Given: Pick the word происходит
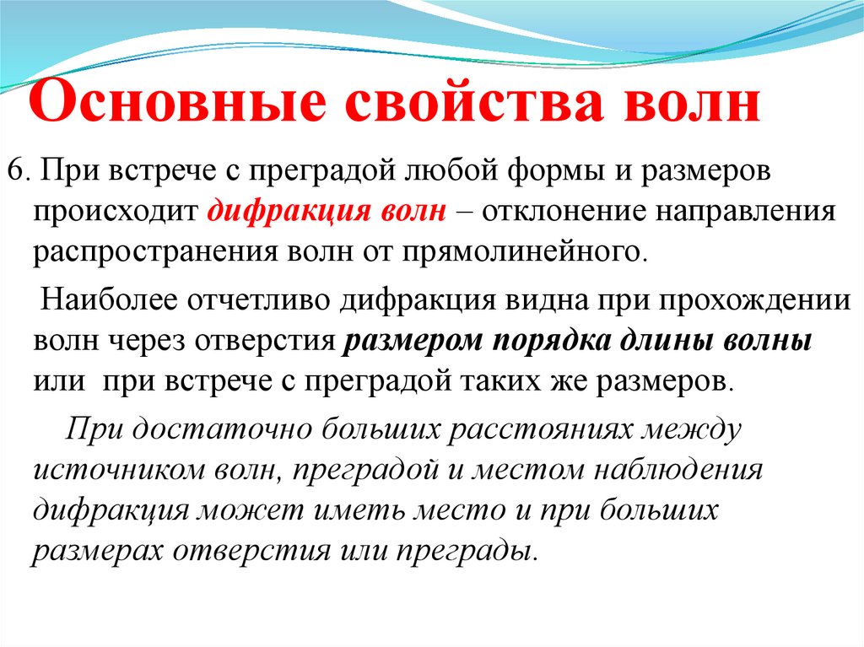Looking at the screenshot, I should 116,211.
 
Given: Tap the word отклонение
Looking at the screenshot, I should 567,211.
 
